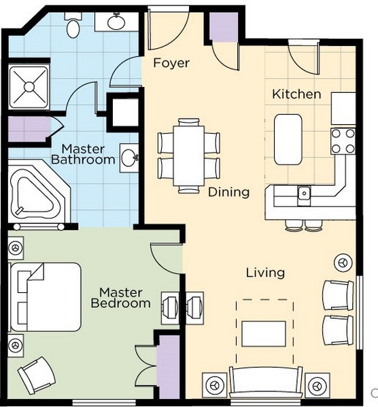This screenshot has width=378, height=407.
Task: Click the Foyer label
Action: pos(171,63)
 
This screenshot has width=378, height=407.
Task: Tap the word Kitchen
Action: pos(296,94)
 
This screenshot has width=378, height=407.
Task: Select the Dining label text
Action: pos(228,193)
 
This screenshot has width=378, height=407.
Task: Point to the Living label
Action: pos(265,273)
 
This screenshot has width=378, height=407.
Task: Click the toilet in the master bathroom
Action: pos(73,26)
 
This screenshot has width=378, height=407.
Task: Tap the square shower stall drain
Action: pos(29,86)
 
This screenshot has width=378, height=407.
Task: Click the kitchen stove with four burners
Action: pos(343,141)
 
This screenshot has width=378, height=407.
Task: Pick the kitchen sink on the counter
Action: pos(304,193)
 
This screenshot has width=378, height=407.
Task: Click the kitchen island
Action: pos(288,139)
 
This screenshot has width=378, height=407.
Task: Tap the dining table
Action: pos(189,156)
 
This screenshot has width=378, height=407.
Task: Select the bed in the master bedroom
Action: pos(45,296)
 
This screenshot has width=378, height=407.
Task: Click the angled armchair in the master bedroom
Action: pos(37,375)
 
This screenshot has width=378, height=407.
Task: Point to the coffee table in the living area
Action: pos(264,334)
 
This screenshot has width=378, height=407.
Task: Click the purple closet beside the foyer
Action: pos(224,27)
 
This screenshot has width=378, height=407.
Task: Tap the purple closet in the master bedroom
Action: pos(169,367)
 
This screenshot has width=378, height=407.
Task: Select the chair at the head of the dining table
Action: pos(189,121)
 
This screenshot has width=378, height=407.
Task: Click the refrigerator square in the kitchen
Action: pos(343,109)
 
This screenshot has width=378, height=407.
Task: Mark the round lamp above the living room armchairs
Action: pos(343,263)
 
